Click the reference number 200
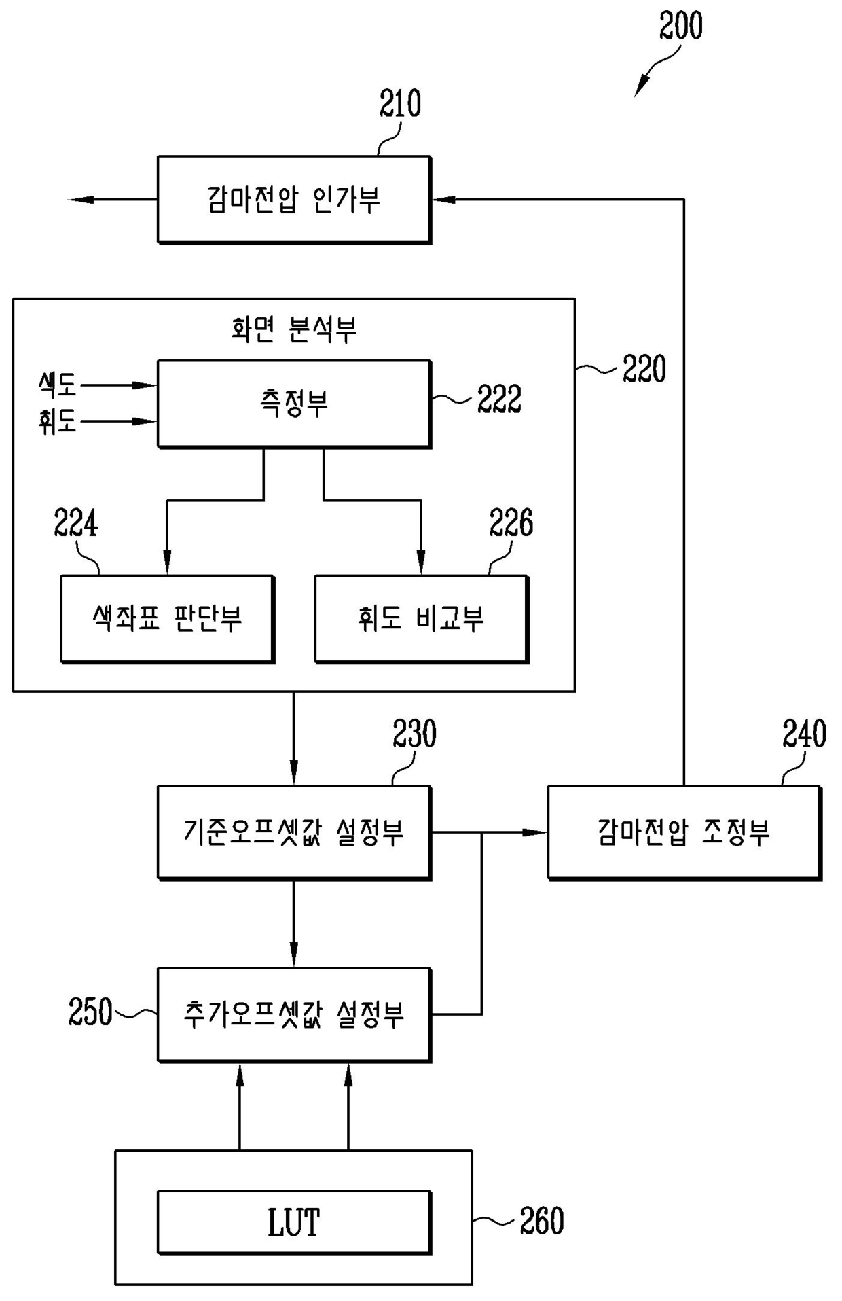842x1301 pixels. coord(681,26)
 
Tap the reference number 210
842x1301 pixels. coord(400,104)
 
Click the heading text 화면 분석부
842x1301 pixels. coord(293,329)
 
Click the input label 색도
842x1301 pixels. coord(58,385)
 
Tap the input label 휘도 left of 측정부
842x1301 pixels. coord(58,422)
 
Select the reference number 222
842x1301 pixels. coord(499,399)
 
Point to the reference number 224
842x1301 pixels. coord(76,524)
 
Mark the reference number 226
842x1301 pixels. coord(511,523)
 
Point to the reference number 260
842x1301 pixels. coord(542,1221)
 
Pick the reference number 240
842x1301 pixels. coord(804,734)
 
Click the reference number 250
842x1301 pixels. coord(90,1012)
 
